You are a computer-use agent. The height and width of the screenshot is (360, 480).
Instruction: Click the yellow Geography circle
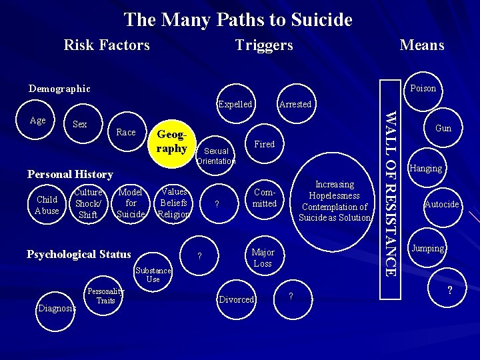point(171,142)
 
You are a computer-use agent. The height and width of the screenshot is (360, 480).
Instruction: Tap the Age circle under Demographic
point(38,121)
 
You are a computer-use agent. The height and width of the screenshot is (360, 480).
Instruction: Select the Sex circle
point(79,125)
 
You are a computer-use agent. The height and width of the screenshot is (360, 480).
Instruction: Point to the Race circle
point(125,132)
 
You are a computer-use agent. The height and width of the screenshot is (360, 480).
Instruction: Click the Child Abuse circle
point(47,205)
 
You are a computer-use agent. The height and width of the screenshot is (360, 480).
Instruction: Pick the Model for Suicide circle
point(131,203)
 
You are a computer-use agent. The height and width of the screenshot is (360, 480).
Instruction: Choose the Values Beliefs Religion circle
point(174,203)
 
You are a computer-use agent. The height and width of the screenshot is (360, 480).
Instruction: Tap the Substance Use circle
point(153,275)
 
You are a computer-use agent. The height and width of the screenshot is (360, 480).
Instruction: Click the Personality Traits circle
point(105,296)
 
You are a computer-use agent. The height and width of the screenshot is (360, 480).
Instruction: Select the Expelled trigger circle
point(235,104)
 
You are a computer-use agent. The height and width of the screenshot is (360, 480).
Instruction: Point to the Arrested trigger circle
point(295,104)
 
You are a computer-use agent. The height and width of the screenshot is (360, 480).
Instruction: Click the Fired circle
point(265,144)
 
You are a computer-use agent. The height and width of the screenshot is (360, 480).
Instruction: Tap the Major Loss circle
point(263,257)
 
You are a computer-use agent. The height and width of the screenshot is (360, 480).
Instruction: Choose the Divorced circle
point(237,299)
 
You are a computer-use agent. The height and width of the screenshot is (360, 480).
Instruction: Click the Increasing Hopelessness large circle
point(335,201)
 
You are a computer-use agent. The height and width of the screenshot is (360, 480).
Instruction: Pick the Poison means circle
point(423,88)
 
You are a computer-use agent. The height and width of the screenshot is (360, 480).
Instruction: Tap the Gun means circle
point(443,128)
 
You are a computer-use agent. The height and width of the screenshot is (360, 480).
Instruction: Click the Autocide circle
point(441,204)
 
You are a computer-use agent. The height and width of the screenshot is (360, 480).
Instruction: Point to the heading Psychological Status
point(79,254)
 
